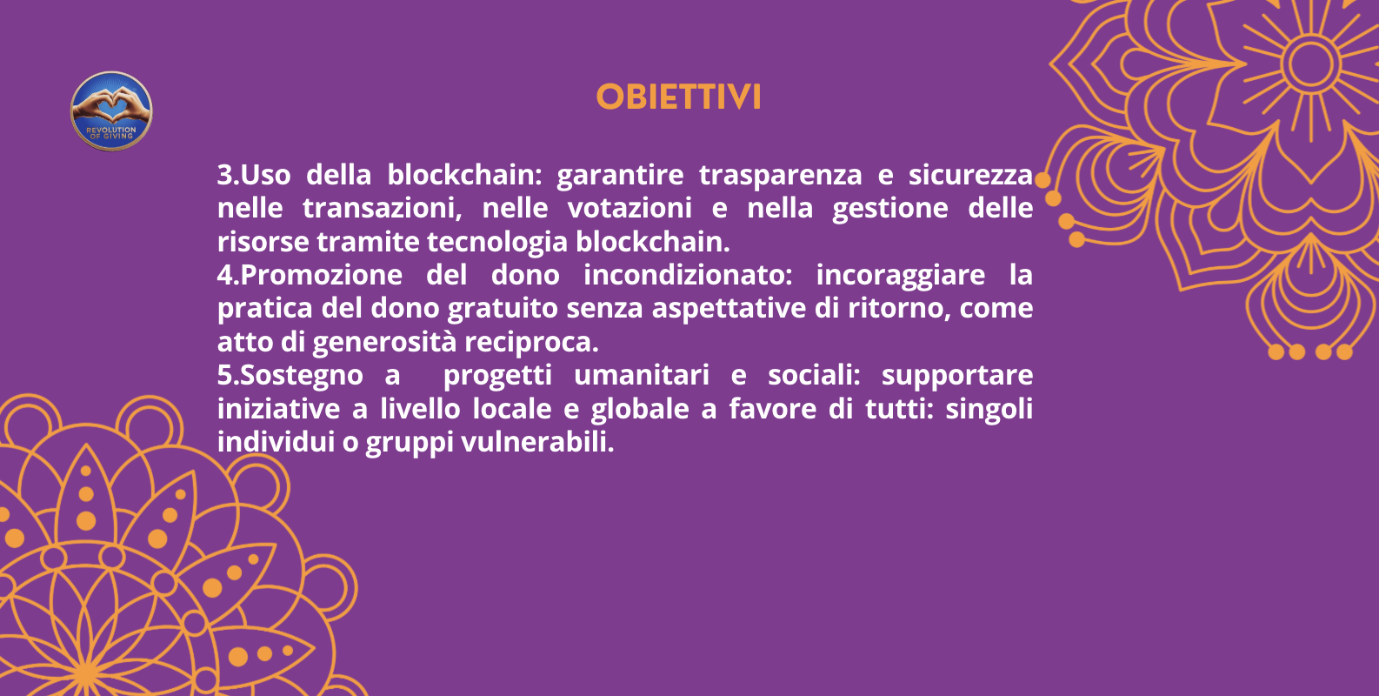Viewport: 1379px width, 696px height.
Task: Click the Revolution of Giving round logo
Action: pos(111,111)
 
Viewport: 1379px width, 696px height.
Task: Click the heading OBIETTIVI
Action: pos(678,97)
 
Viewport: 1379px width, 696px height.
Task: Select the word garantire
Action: pos(620,176)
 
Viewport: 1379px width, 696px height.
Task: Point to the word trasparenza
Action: pos(780,176)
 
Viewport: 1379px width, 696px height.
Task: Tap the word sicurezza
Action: pos(970,176)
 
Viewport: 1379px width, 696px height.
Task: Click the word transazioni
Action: pos(382,209)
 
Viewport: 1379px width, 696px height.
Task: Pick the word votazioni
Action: pos(630,209)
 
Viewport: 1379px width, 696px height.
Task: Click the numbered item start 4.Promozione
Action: pos(310,276)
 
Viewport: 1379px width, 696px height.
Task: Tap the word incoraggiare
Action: pos(900,276)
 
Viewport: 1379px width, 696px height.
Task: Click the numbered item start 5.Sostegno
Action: pos(290,376)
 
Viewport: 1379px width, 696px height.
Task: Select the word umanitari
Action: pos(642,376)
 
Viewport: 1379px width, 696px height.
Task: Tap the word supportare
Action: pos(956,376)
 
